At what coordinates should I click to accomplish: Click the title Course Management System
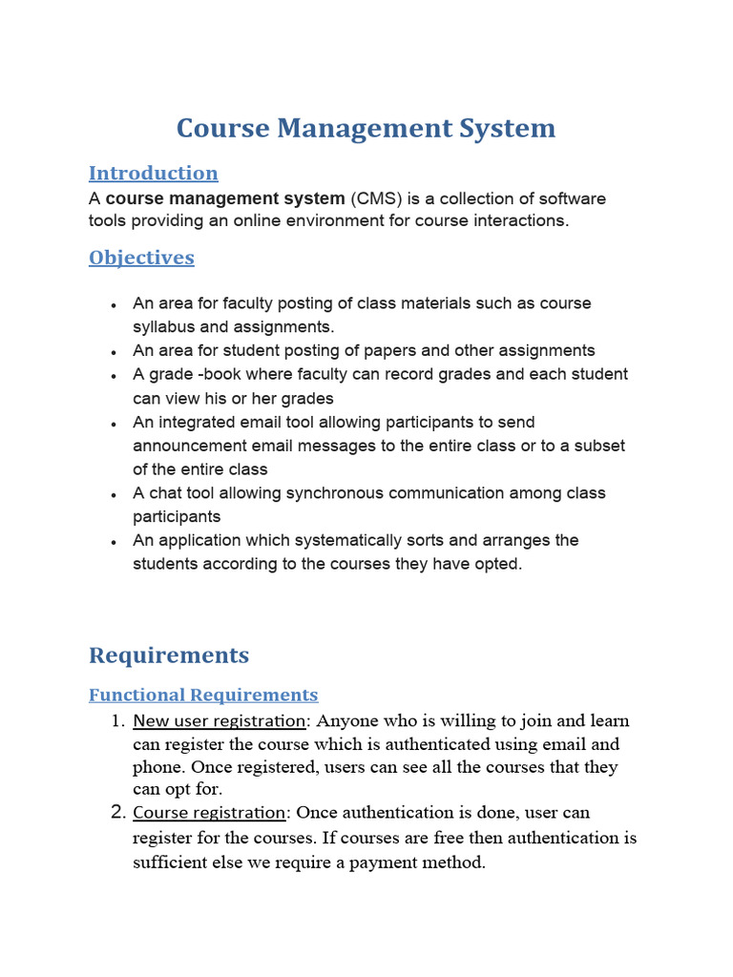[x=366, y=128]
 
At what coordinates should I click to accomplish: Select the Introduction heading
[x=153, y=173]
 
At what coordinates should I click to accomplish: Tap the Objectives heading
[x=141, y=258]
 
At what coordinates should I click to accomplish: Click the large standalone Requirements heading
[x=169, y=655]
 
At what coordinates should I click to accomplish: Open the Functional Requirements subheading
[x=203, y=695]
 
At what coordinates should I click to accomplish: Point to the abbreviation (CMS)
[x=377, y=198]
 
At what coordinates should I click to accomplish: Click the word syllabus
[x=161, y=327]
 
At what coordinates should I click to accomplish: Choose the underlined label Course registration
[x=209, y=813]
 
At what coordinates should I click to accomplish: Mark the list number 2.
[x=118, y=813]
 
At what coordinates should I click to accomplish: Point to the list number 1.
[x=118, y=720]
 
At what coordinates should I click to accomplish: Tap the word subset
[x=597, y=446]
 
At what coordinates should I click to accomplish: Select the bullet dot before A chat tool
[x=114, y=495]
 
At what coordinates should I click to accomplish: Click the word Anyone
[x=346, y=720]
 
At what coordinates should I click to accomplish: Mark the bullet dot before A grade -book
[x=114, y=376]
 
